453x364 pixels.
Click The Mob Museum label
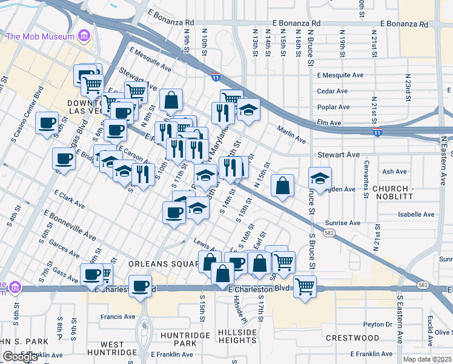point(40,36)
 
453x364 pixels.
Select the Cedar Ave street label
point(332,91)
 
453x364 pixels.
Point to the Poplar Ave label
point(334,107)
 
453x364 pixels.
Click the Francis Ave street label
point(118,316)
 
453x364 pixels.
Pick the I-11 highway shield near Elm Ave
point(377,132)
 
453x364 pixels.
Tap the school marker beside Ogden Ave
point(320,178)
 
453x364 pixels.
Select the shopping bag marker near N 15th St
point(282,186)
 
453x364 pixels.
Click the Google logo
point(20,357)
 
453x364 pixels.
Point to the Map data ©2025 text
point(426,359)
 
